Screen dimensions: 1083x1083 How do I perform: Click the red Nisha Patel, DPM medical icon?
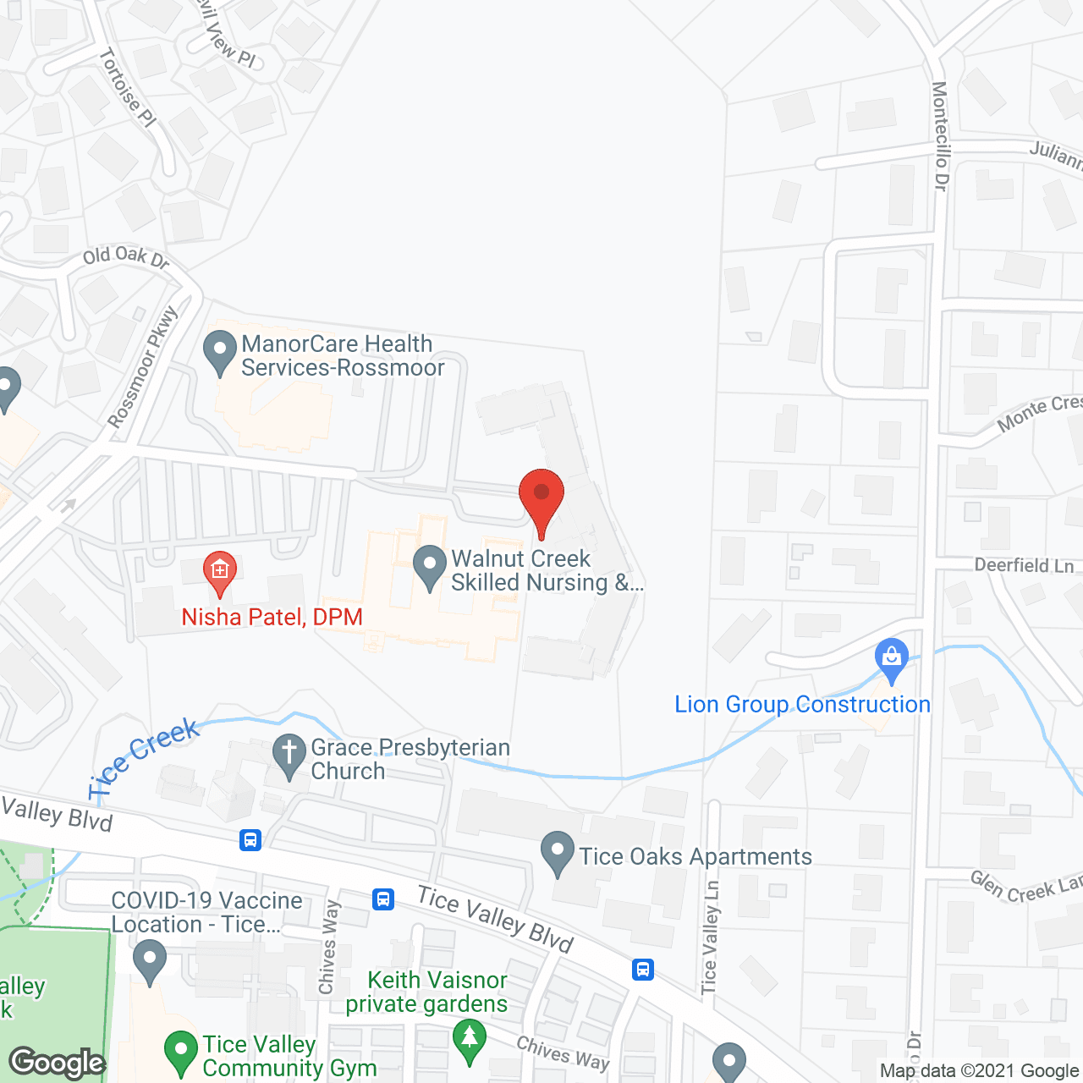point(220,572)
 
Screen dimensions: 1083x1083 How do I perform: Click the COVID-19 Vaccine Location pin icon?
point(151,963)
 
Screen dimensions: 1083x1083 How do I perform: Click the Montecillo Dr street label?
point(940,135)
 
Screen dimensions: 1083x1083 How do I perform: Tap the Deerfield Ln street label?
point(1024,565)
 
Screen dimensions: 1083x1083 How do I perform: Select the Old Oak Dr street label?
point(126,256)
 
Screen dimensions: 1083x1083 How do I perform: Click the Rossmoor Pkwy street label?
point(143,367)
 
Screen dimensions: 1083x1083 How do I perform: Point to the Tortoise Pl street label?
point(128,88)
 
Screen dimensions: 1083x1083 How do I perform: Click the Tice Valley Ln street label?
point(710,937)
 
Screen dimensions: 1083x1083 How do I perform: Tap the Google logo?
point(58,1063)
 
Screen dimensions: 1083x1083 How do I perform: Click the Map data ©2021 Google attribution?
point(978,1071)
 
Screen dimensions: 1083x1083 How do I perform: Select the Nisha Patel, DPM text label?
point(272,617)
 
